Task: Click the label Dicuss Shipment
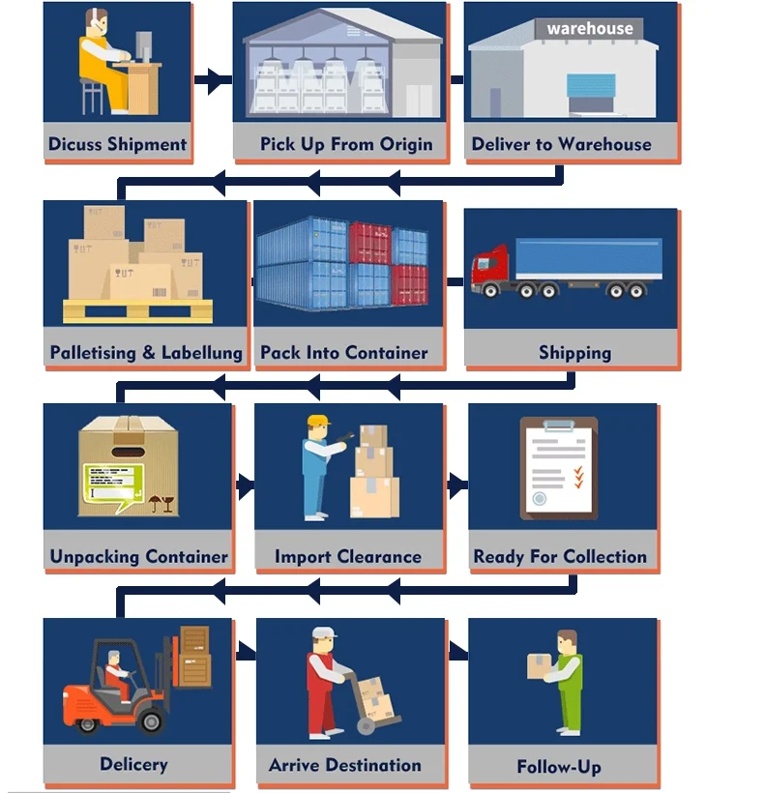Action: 117,145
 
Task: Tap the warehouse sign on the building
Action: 589,29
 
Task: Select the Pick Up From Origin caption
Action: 345,145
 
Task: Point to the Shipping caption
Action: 574,353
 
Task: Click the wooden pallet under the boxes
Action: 137,310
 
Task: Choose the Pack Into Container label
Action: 344,353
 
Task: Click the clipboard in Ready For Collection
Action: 559,468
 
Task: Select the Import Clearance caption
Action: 347,557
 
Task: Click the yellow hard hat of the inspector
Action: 318,422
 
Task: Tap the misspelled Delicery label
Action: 133,765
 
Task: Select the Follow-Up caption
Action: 559,768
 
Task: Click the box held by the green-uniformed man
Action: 539,664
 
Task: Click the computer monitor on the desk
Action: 143,45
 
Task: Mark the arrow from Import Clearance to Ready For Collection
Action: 456,484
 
